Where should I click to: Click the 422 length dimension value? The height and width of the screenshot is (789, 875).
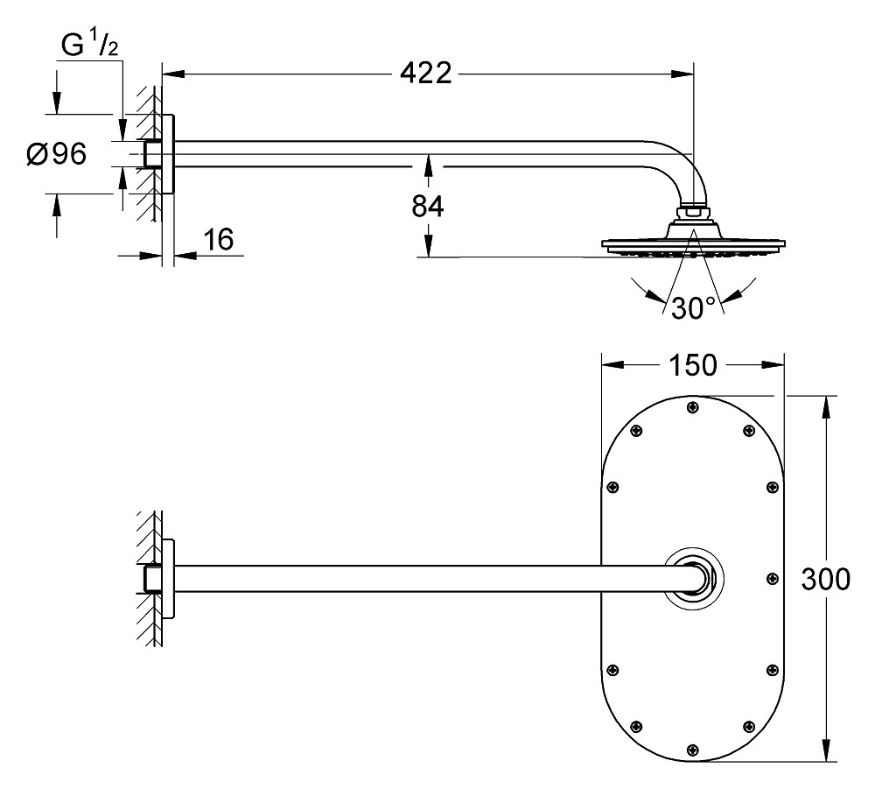427,74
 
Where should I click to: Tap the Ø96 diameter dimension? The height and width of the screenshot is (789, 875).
56,154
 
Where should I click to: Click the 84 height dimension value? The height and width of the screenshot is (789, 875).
428,207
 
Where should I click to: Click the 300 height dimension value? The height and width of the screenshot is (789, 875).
826,579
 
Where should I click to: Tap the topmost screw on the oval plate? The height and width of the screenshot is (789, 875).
693,406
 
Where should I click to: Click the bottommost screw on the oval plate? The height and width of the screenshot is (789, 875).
693,750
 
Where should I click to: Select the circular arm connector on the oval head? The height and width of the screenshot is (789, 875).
693,578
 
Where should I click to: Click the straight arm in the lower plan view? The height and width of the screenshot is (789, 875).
420,578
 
